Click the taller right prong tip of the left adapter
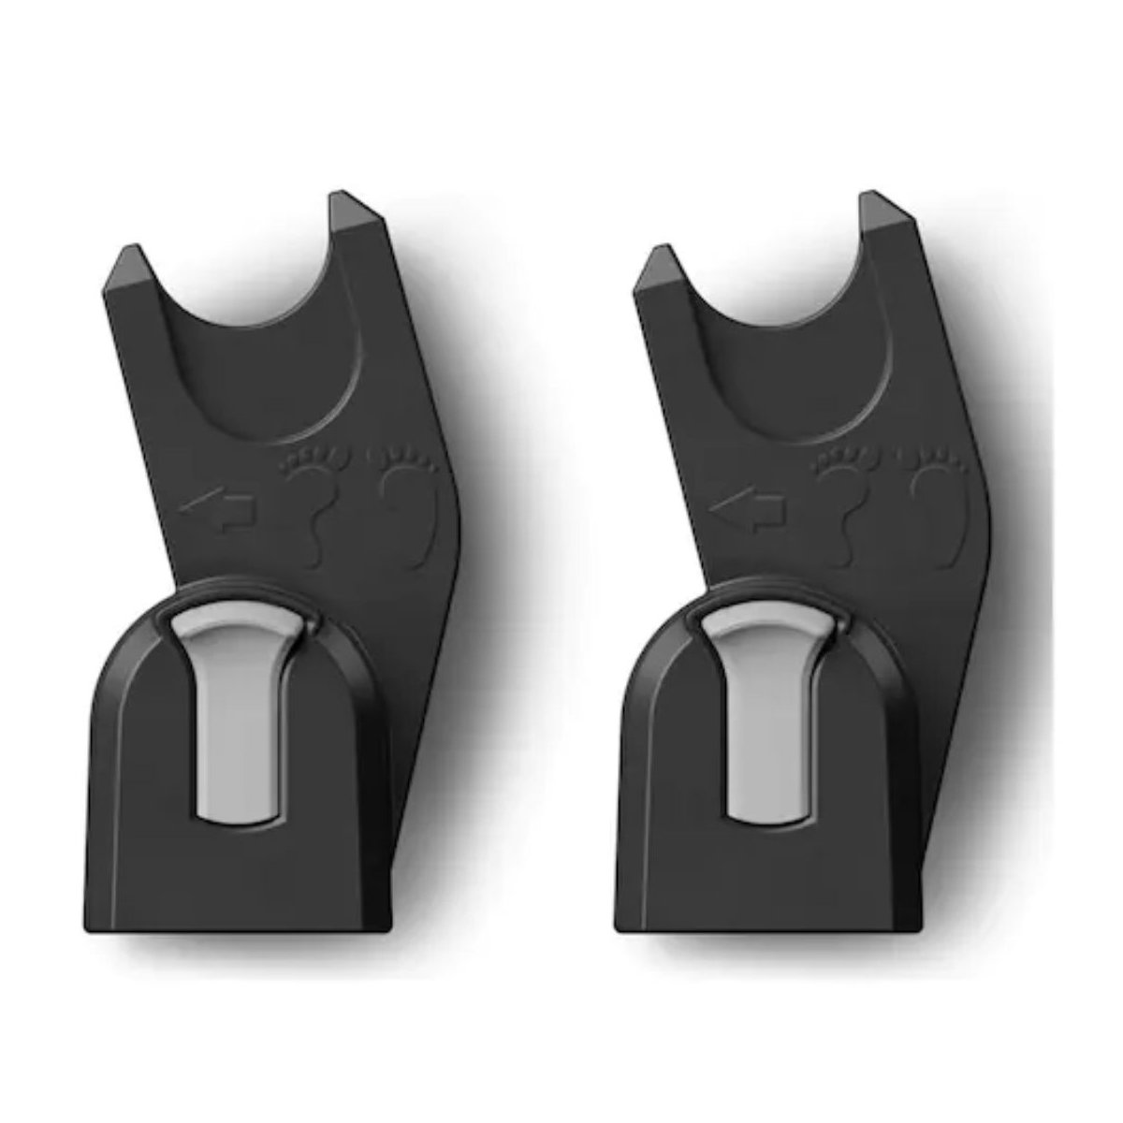[352, 211]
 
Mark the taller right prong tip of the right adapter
[882, 211]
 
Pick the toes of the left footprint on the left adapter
[314, 461]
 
